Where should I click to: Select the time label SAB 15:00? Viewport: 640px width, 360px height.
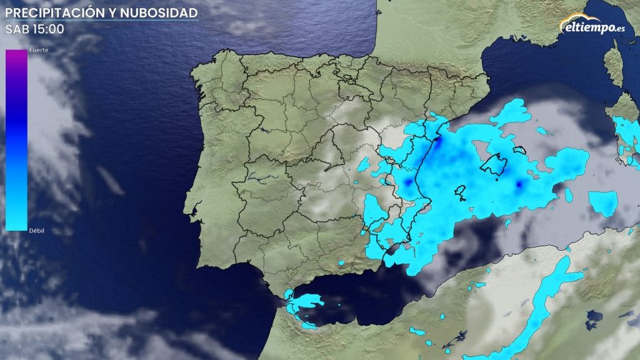tap(34, 29)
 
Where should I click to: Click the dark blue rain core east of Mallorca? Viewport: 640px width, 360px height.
tap(519, 184)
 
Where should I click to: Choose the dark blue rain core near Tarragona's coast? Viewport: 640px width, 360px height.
tap(438, 142)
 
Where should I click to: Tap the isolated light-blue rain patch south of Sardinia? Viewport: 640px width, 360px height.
tap(604, 202)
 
